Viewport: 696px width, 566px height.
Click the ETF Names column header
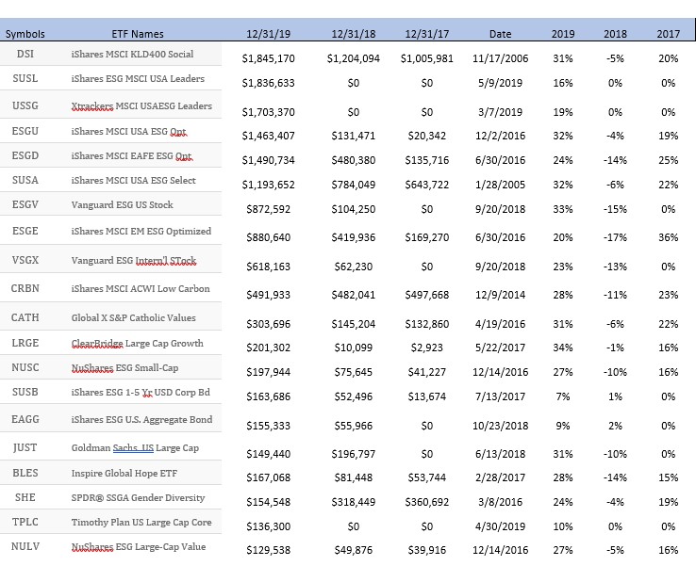click(138, 34)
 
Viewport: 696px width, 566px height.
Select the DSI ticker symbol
click(25, 54)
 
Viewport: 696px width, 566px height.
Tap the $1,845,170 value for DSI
click(268, 58)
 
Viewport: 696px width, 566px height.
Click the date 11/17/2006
click(500, 58)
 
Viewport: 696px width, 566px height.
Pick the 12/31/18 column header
click(354, 34)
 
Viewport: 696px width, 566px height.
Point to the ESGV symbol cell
click(25, 204)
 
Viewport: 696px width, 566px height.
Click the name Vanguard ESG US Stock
click(122, 204)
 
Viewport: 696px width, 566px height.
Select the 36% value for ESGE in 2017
click(668, 237)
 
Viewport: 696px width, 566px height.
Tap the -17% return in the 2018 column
click(615, 237)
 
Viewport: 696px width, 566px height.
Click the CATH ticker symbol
click(25, 317)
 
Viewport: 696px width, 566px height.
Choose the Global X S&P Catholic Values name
click(134, 317)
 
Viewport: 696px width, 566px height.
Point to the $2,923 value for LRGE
click(427, 348)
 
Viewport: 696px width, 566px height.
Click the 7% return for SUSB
click(563, 396)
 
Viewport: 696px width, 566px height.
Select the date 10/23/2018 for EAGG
click(500, 426)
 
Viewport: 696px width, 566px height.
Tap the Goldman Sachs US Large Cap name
click(135, 447)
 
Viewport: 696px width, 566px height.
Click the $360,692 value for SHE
click(427, 502)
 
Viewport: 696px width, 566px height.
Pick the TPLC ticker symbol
click(25, 522)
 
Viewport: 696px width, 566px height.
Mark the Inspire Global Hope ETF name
click(124, 474)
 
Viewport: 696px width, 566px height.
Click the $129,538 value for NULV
click(268, 551)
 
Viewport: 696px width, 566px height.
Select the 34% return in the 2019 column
click(563, 348)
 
